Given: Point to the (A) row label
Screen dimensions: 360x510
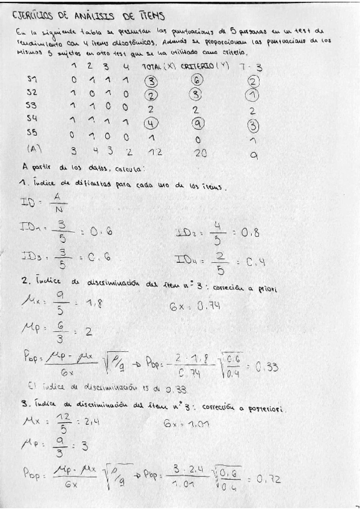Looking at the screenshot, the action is pyautogui.click(x=34, y=148).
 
